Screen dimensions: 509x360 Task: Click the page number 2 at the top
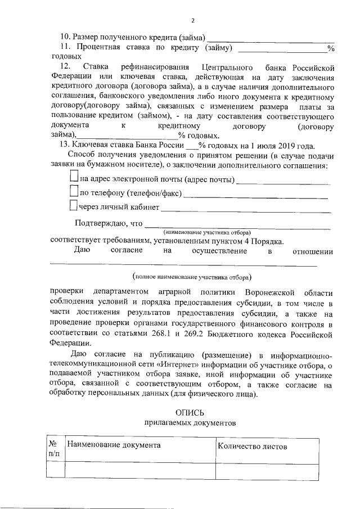tap(192, 21)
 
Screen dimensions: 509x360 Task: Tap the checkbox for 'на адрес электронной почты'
tap(74, 178)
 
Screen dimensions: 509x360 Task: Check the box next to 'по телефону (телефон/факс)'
tap(74, 192)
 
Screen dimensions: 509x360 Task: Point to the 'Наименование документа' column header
tap(114, 445)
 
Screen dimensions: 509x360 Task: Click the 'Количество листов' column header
tap(253, 446)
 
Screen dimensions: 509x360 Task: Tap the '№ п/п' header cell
tap(55, 448)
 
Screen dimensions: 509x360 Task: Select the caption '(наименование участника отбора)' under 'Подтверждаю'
tap(206, 232)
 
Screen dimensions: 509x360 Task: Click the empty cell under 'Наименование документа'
tap(140, 469)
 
